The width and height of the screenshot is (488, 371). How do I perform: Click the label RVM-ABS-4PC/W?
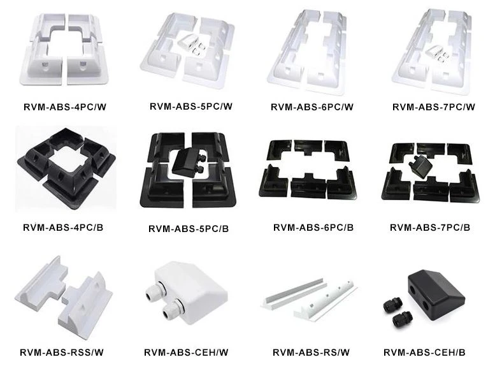[65, 107]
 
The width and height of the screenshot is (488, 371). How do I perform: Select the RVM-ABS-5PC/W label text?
[191, 106]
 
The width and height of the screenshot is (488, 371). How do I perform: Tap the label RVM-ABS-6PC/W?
[312, 107]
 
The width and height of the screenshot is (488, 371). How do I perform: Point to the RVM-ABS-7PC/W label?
[434, 107]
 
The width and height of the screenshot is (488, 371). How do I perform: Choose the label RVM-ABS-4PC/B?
[63, 228]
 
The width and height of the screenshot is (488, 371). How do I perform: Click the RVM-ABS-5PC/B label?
[189, 229]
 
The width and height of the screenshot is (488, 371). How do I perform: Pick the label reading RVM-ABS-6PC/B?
[313, 228]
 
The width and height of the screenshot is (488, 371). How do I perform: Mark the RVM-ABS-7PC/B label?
[430, 228]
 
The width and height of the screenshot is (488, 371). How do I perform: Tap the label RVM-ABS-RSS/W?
[62, 353]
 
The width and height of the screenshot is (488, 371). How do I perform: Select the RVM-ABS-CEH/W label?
[186, 353]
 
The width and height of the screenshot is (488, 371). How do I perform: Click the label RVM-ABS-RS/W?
[312, 353]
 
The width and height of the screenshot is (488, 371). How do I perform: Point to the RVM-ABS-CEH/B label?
[424, 353]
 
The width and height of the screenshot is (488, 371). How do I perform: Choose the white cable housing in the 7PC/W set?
[437, 53]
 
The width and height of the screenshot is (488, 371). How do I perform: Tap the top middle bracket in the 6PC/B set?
[308, 147]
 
